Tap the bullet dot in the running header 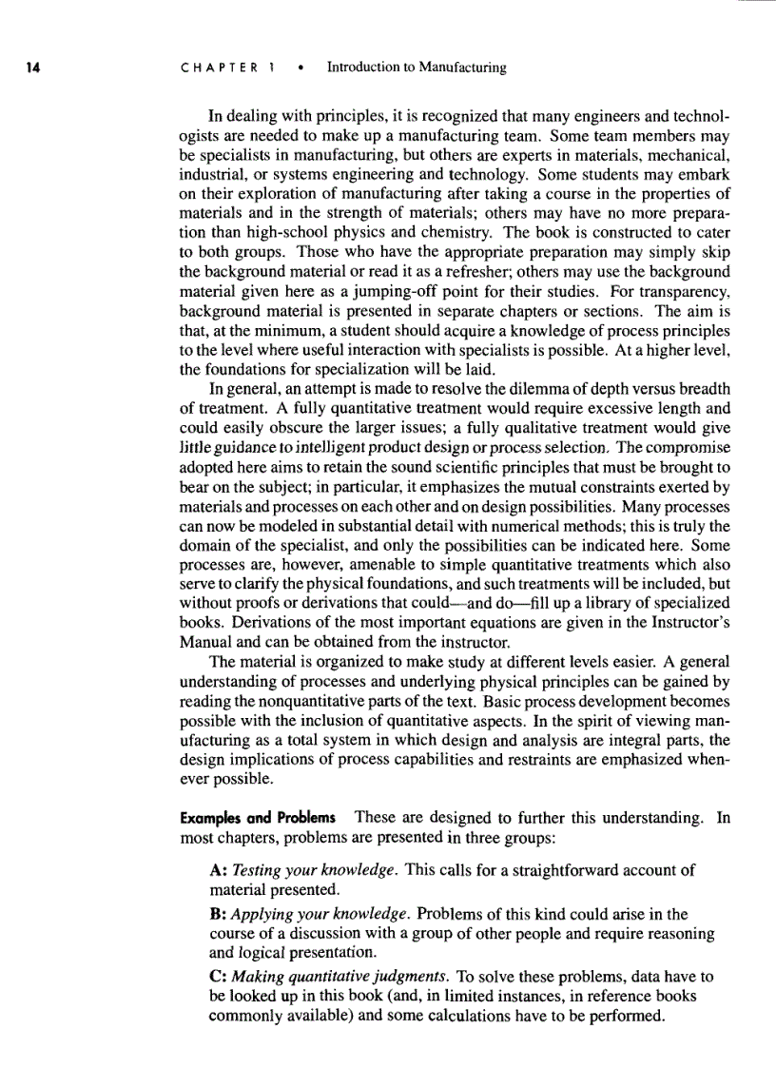[300, 68]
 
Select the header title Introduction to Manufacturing [416, 68]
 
